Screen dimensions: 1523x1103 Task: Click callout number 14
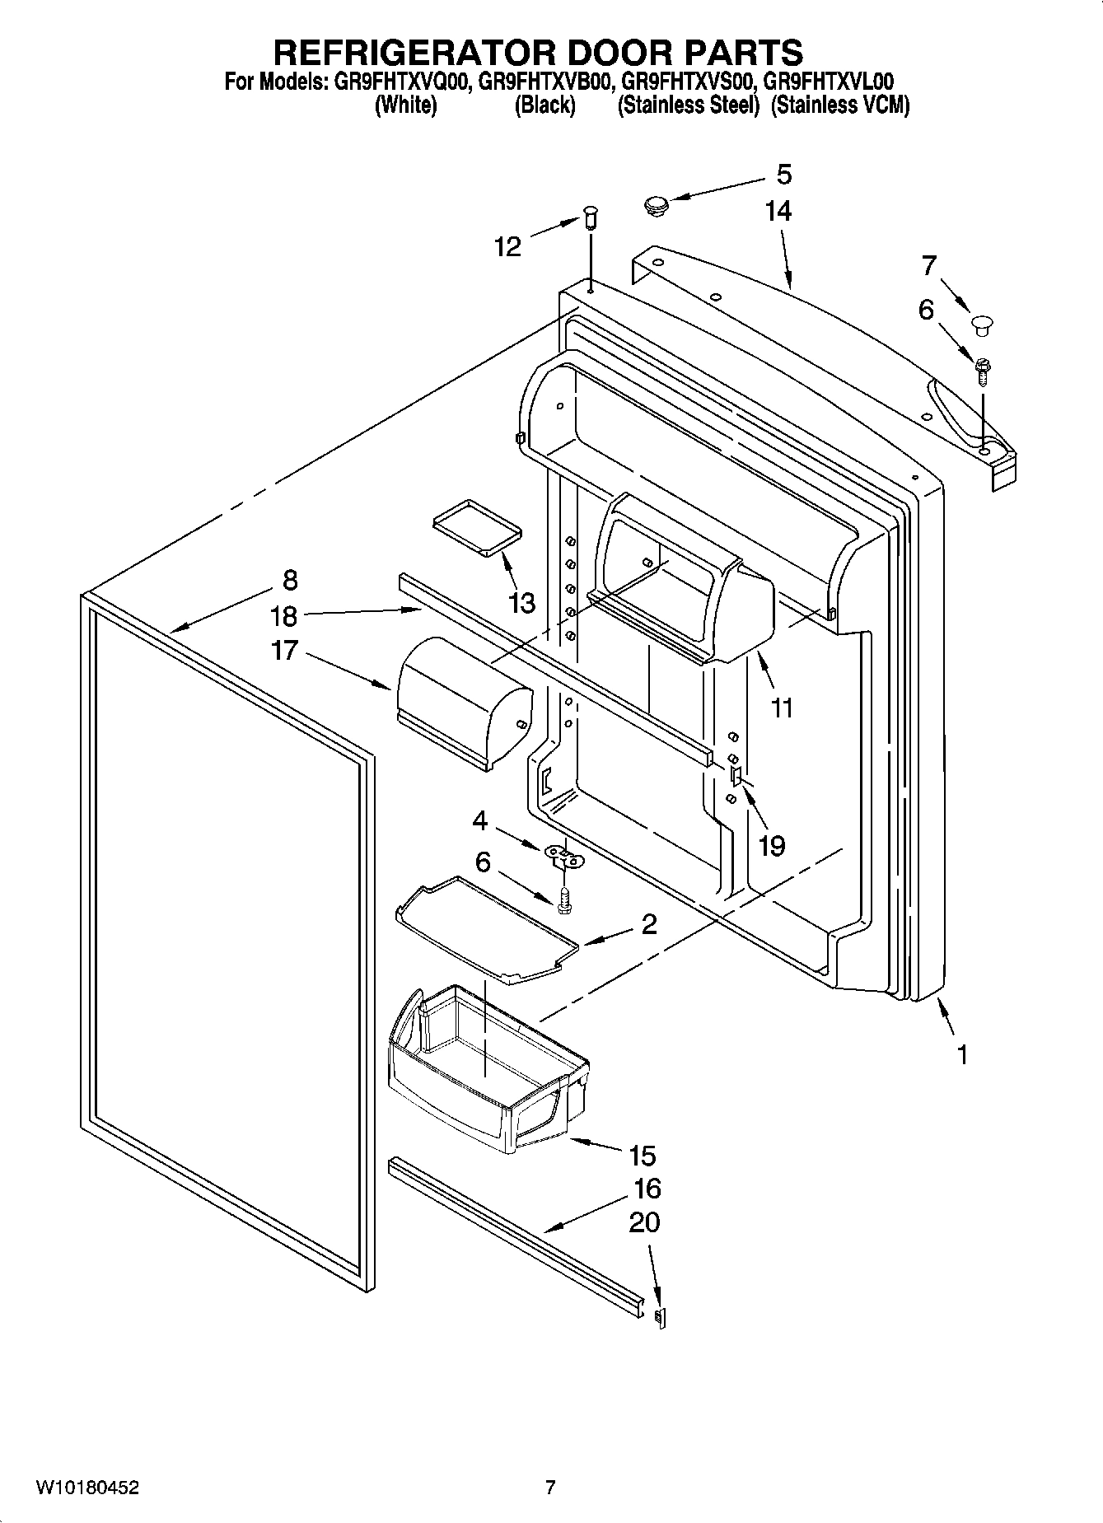(778, 212)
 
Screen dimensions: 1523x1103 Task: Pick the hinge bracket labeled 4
(564, 857)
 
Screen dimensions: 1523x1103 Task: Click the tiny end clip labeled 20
(660, 1317)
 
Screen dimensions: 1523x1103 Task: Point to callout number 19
(771, 845)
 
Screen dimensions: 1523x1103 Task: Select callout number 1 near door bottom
(961, 1055)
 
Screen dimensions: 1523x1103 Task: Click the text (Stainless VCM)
(839, 105)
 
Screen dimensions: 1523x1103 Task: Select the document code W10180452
(87, 1488)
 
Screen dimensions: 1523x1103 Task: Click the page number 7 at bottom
(550, 1488)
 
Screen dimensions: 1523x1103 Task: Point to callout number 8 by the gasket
(289, 580)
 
